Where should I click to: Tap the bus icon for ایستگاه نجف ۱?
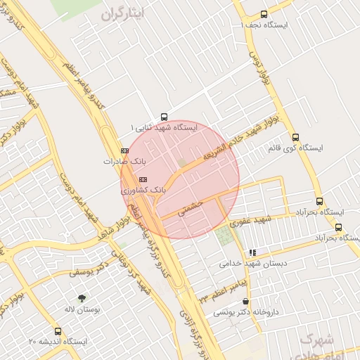[264, 14]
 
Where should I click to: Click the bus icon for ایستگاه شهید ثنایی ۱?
[165, 117]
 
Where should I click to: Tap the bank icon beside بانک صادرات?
[125, 150]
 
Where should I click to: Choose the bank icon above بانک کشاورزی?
[143, 179]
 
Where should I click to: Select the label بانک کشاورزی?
[145, 190]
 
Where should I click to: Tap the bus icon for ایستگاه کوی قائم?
[295, 138]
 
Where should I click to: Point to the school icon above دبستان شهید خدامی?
[252, 253]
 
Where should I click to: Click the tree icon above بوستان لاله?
[82, 298]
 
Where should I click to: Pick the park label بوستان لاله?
[82, 309]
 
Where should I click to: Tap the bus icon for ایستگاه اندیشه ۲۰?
[58, 330]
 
